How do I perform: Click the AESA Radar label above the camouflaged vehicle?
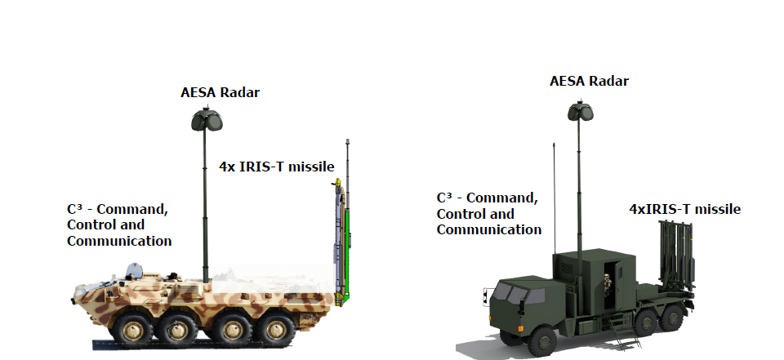pyautogui.click(x=220, y=92)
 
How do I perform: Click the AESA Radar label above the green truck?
pyautogui.click(x=589, y=81)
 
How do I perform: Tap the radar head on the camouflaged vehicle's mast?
pyautogui.click(x=207, y=119)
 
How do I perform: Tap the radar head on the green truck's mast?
pyautogui.click(x=580, y=111)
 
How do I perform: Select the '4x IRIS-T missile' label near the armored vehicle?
pyautogui.click(x=277, y=167)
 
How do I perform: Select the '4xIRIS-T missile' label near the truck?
pyautogui.click(x=684, y=209)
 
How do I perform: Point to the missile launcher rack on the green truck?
pyautogui.click(x=677, y=256)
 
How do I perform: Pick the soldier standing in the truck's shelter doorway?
pyautogui.click(x=608, y=285)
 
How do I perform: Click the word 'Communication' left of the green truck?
pyautogui.click(x=489, y=230)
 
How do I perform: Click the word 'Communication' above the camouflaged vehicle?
pyautogui.click(x=119, y=241)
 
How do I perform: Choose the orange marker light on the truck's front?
pyautogui.click(x=519, y=328)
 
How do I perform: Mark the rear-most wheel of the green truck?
pyautogui.click(x=671, y=318)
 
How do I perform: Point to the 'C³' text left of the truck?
pyautogui.click(x=444, y=198)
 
